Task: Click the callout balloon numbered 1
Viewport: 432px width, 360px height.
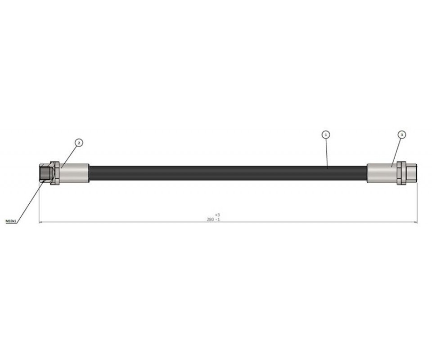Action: coord(326,135)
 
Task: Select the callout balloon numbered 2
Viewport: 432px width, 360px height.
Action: coord(79,143)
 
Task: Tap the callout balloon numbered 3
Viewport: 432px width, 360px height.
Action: coord(402,135)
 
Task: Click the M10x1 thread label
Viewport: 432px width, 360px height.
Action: coord(11,221)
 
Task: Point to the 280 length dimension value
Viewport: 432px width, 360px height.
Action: coord(210,220)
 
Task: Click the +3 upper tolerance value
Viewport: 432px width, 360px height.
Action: coord(217,215)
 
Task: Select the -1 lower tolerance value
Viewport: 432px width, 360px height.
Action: coord(217,220)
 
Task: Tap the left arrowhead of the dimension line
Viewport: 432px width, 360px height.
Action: coord(40,222)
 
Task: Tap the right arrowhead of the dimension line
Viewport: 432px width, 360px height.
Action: coord(415,222)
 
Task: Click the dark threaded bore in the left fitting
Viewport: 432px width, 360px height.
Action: coord(45,173)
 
